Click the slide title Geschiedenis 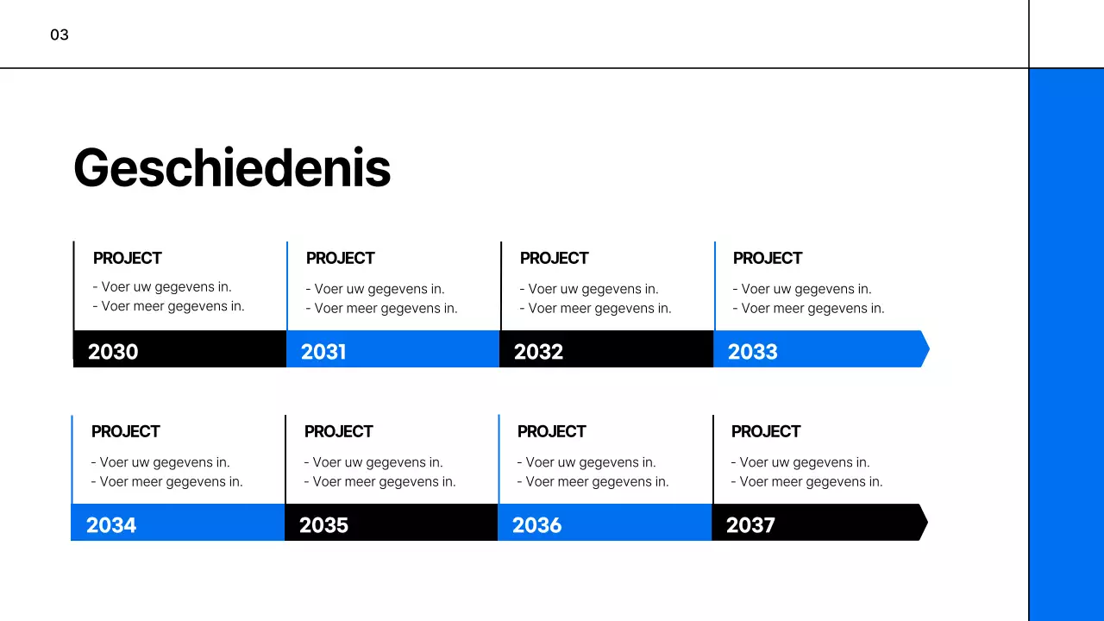coord(232,167)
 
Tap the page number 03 coord(60,35)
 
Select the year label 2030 coord(113,352)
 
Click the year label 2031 coord(323,352)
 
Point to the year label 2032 coord(538,352)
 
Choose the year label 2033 coord(752,352)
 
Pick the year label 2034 coord(111,525)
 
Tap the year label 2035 coord(323,525)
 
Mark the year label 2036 coord(536,525)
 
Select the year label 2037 coord(750,525)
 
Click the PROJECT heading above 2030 coord(128,258)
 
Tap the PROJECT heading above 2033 coord(768,258)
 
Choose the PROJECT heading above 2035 coord(339,431)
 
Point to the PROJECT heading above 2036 coord(552,431)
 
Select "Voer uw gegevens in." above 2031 coord(379,289)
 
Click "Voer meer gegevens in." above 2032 coord(599,308)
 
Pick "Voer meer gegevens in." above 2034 coord(171,481)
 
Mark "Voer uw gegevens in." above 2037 coord(805,462)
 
